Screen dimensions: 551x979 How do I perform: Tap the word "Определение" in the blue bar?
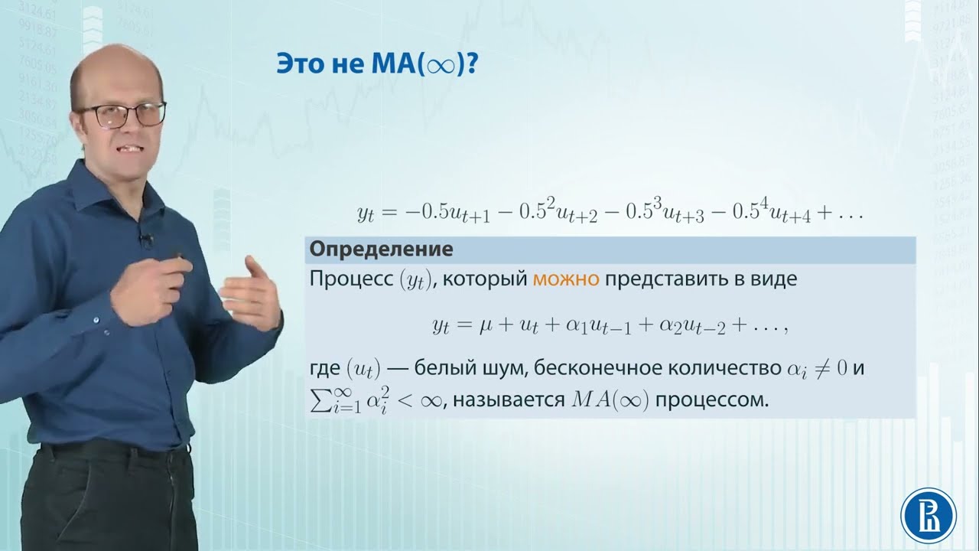[379, 249]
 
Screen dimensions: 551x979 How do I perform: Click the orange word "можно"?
[566, 279]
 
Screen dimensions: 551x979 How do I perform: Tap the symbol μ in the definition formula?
[484, 327]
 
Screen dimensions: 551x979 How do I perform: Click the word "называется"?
[504, 399]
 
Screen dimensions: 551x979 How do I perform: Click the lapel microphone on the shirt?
[145, 240]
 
